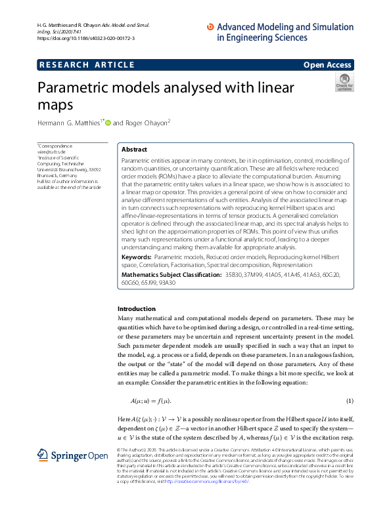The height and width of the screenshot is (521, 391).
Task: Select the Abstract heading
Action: [135, 150]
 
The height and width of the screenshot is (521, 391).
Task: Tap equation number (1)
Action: [350, 401]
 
